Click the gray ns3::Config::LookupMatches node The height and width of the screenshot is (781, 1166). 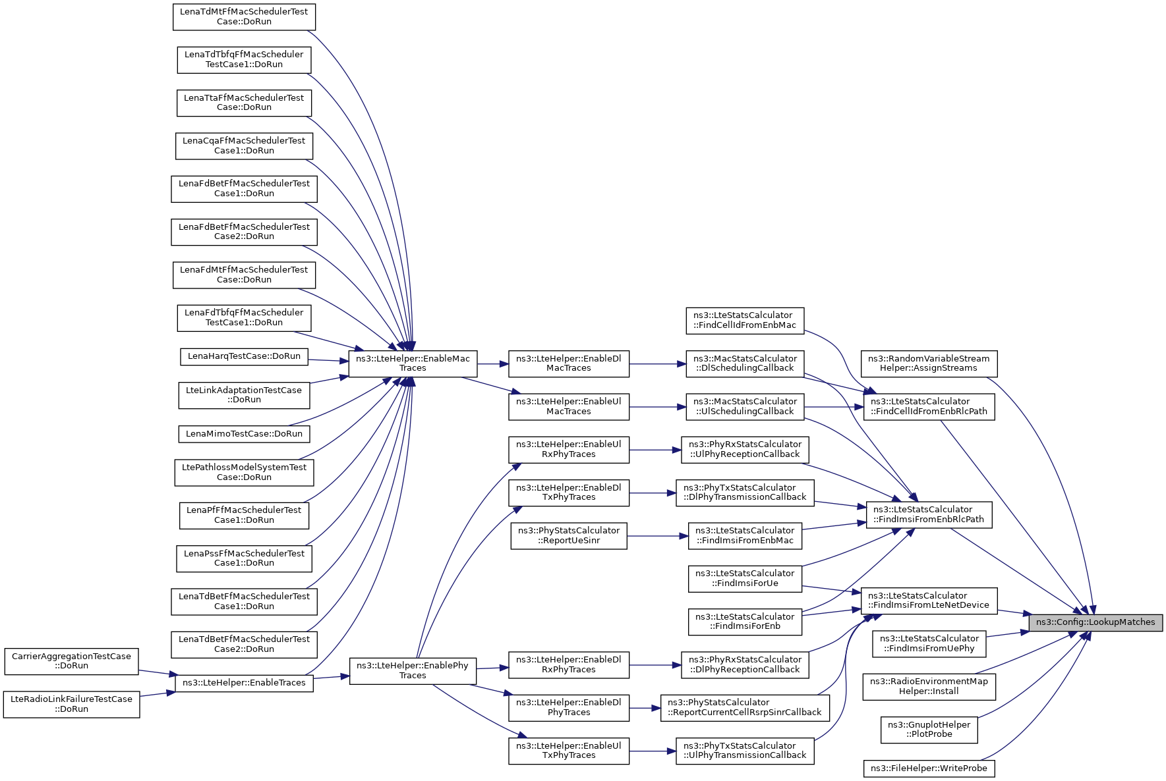tap(1095, 622)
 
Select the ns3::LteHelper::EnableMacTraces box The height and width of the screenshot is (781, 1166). tap(413, 364)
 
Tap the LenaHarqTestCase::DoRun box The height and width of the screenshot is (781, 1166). tap(244, 357)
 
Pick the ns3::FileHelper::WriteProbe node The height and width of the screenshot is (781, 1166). tap(929, 768)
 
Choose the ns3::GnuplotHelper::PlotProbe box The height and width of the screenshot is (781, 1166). tap(929, 730)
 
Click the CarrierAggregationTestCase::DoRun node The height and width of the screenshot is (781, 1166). tap(71, 661)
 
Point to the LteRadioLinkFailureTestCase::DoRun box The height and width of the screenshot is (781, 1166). tap(71, 704)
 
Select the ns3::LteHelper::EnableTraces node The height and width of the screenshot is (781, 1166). tap(244, 683)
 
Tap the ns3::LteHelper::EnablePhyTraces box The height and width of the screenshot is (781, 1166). tap(413, 670)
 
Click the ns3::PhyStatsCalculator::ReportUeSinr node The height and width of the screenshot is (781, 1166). tap(569, 536)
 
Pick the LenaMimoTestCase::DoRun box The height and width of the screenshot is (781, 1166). tap(244, 434)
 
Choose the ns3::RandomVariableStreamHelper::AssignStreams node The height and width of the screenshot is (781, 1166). tap(929, 364)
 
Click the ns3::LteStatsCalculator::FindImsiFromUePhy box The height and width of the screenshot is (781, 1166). tap(929, 643)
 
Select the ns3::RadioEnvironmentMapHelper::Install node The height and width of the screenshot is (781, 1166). tap(929, 687)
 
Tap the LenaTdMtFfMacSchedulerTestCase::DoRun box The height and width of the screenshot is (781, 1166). tap(244, 16)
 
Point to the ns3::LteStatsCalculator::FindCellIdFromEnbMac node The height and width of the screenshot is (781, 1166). tap(745, 321)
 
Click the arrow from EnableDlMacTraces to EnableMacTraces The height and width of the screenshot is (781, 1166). tap(493, 364)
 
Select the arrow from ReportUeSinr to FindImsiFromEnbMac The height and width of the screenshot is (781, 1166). tap(658, 536)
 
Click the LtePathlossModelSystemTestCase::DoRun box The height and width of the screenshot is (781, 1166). tap(244, 472)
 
